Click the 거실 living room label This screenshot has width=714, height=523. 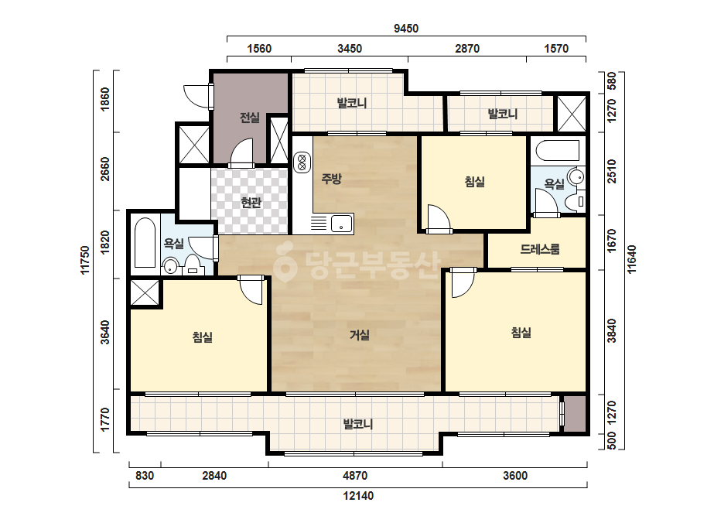pos(359,335)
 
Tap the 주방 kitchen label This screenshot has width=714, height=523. pos(331,179)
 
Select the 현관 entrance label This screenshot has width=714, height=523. pos(251,202)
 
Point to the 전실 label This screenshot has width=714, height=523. pos(250,118)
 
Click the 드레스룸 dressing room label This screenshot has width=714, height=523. pos(540,249)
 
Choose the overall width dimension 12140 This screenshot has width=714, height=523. pos(358,496)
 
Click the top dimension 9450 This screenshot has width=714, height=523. pos(405,29)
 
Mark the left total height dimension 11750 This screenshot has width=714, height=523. pos(85,260)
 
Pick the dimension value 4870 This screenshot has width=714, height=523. pos(355,476)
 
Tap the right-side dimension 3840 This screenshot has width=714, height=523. pos(612,331)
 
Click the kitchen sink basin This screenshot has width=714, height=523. pos(341,224)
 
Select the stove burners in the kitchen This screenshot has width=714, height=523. pos(302,163)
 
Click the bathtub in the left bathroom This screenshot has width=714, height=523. pos(145,243)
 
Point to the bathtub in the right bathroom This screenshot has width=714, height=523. pos(558,150)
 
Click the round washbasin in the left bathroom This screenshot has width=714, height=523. pos(170,266)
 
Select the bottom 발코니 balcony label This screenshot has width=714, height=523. pos(358,425)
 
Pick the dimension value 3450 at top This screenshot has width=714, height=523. pos(350,48)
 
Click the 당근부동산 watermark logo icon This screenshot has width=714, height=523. pos(285,262)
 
